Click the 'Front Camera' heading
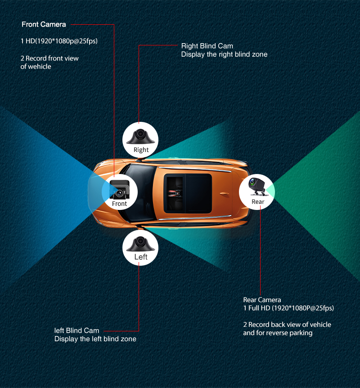pyautogui.click(x=44, y=24)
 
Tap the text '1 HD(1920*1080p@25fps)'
pyautogui.click(x=59, y=41)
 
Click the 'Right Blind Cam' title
pyautogui.click(x=207, y=46)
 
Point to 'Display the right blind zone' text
pyautogui.click(x=224, y=54)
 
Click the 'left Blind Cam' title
pyautogui.click(x=77, y=330)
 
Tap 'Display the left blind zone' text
pyautogui.click(x=95, y=339)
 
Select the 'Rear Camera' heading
pyautogui.click(x=262, y=300)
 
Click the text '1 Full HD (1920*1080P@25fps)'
pyautogui.click(x=288, y=308)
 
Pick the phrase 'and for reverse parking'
pyautogui.click(x=278, y=333)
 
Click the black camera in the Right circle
pyautogui.click(x=140, y=137)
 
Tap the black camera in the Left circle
pyautogui.click(x=140, y=244)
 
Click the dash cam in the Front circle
pyautogui.click(x=120, y=190)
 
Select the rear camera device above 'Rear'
pyautogui.click(x=257, y=186)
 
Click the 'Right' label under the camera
pyautogui.click(x=141, y=150)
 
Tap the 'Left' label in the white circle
pyautogui.click(x=141, y=257)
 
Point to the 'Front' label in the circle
pyautogui.click(x=119, y=204)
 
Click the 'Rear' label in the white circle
pyautogui.click(x=258, y=202)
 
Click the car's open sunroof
pyautogui.click(x=188, y=193)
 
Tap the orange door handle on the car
pyautogui.click(x=224, y=194)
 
